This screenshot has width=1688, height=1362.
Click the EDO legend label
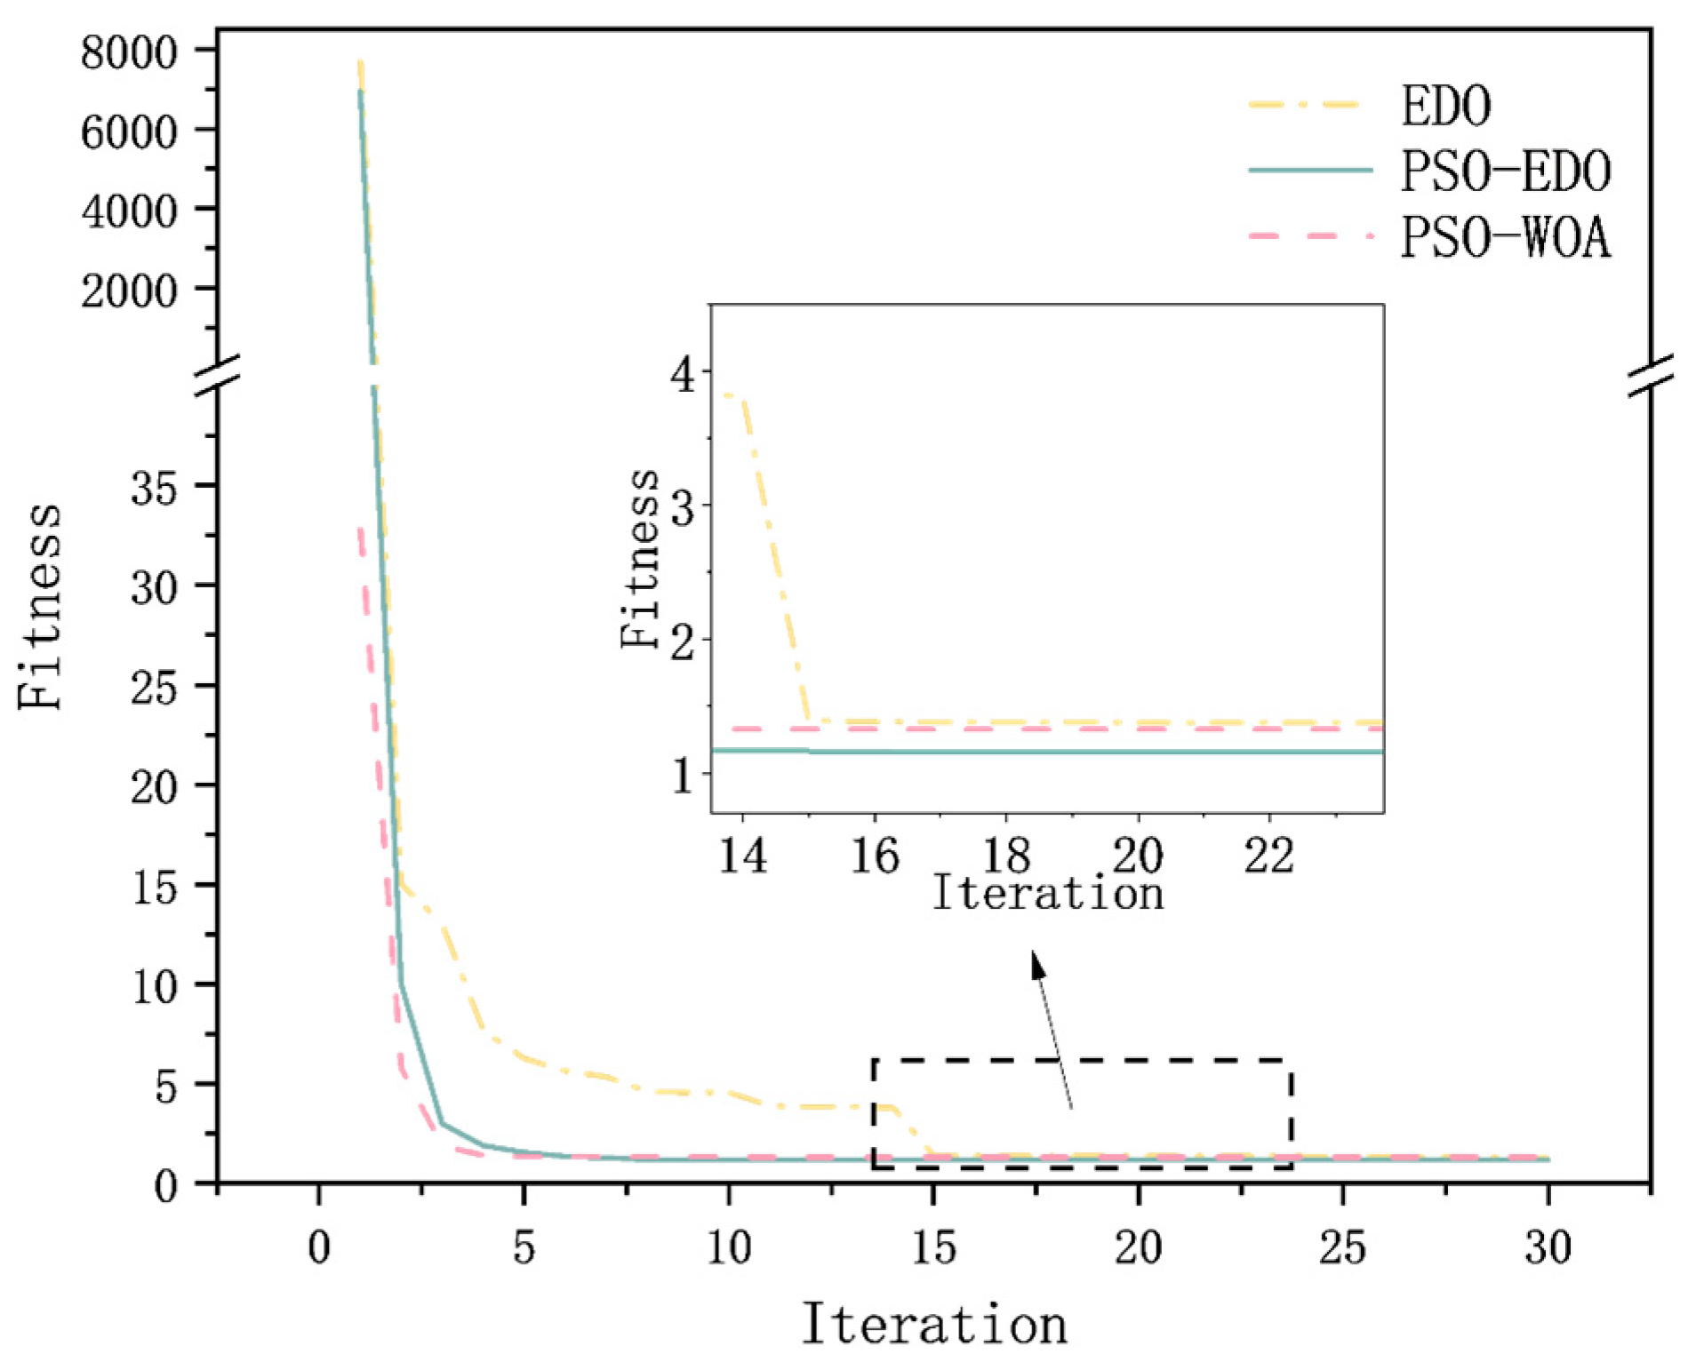[1445, 106]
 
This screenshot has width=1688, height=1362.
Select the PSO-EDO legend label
[1505, 171]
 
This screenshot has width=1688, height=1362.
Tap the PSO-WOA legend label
[1505, 238]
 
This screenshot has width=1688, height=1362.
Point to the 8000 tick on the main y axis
[129, 53]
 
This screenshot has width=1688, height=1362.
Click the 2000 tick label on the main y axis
[129, 291]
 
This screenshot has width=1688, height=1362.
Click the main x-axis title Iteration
[934, 1324]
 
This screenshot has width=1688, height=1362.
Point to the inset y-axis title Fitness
[640, 559]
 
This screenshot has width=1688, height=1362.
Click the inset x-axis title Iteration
[1047, 894]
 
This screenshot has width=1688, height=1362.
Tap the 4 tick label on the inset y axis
[684, 374]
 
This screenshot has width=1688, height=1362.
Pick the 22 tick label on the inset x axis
[1268, 856]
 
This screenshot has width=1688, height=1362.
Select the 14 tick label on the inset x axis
[742, 856]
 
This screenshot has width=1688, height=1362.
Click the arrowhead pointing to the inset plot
[1037, 965]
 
